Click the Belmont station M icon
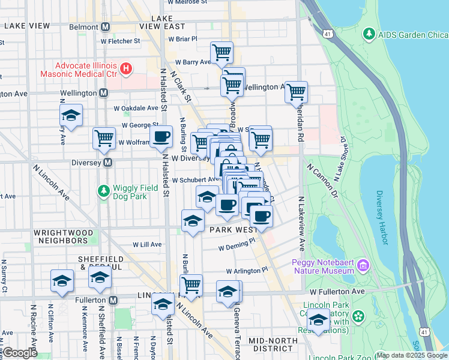tap(106, 27)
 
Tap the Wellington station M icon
tap(104, 93)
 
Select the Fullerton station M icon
tap(113, 300)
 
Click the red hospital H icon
tap(126, 69)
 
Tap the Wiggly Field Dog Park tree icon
tap(103, 191)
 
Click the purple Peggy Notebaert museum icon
tap(362, 265)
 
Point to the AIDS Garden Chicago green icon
tap(369, 35)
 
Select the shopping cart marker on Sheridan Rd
tap(296, 92)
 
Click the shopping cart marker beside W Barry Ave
tap(222, 53)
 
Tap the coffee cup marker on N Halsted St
tap(160, 137)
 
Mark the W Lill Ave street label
tap(147, 244)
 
